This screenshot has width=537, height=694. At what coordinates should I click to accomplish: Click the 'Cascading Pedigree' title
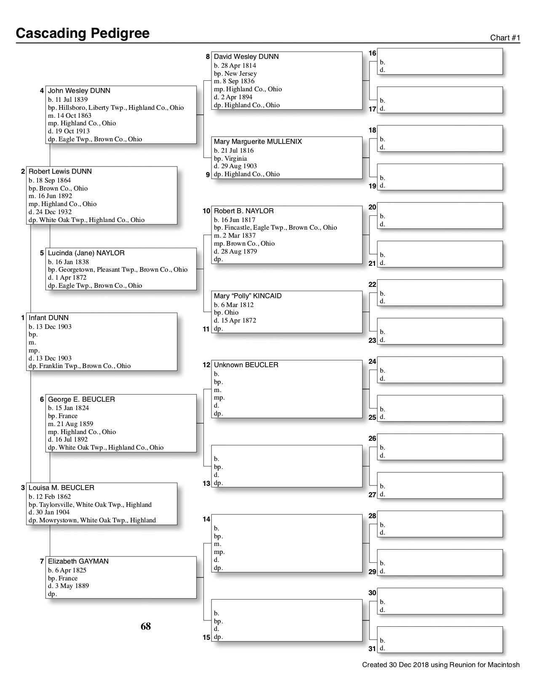pyautogui.click(x=83, y=33)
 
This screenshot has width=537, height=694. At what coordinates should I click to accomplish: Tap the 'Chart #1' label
pyautogui.click(x=505, y=38)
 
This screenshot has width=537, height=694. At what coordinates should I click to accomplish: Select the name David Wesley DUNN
pyautogui.click(x=246, y=57)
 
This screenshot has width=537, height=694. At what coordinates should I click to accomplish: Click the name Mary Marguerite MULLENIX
pyautogui.click(x=258, y=142)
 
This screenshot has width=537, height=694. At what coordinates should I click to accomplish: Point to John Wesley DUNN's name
pyautogui.click(x=79, y=91)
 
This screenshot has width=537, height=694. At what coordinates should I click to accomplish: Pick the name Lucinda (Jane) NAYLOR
pyautogui.click(x=86, y=253)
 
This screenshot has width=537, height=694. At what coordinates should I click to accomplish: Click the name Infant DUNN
pyautogui.click(x=48, y=318)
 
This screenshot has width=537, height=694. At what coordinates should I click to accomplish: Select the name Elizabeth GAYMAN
pyautogui.click(x=78, y=562)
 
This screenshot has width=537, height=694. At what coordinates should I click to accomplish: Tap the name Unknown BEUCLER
pyautogui.click(x=246, y=365)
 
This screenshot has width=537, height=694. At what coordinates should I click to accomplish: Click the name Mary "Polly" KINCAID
pyautogui.click(x=248, y=296)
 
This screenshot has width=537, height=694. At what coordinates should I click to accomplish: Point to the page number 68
pyautogui.click(x=146, y=627)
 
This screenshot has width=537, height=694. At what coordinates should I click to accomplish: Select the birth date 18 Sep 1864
pyautogui.click(x=50, y=180)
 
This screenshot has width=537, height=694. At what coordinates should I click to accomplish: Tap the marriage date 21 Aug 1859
pyautogui.click(x=70, y=424)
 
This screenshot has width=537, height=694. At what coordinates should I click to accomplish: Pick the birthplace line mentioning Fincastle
pyautogui.click(x=275, y=228)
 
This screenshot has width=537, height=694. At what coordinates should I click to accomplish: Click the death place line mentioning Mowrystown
pyautogui.click(x=92, y=520)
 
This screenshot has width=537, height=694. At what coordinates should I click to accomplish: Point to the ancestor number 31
pyautogui.click(x=372, y=649)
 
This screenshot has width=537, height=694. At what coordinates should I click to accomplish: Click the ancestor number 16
pyautogui.click(x=372, y=53)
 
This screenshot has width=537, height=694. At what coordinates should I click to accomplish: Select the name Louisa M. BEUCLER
pyautogui.click(x=61, y=488)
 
